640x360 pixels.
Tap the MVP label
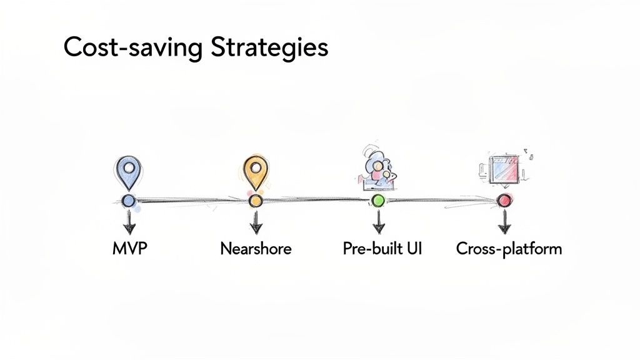(x=129, y=249)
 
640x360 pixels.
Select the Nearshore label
(x=256, y=249)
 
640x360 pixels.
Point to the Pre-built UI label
(x=382, y=249)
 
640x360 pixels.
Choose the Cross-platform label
(x=509, y=249)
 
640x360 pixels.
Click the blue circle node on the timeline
(x=129, y=201)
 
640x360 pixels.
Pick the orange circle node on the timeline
(x=255, y=201)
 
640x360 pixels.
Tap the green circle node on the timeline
(x=378, y=201)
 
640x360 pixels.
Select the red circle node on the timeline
(x=504, y=201)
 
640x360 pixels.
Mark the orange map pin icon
(x=255, y=171)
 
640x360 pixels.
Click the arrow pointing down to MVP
(x=129, y=221)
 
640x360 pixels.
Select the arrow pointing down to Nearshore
(x=256, y=221)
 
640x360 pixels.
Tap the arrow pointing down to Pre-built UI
(x=378, y=221)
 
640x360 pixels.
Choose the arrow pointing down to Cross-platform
(x=504, y=221)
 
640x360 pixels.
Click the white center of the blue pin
(x=129, y=167)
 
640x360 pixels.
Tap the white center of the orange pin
(x=255, y=167)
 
